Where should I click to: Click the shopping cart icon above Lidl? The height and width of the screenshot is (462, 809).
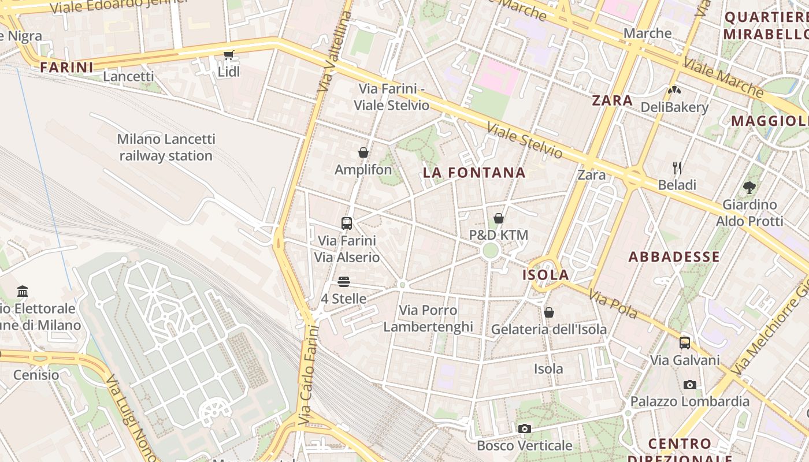[228, 55]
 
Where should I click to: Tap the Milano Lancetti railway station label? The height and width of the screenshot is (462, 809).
[166, 147]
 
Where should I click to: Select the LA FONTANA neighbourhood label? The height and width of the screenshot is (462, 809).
[474, 173]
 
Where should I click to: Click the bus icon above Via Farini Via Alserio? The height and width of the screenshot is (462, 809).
[347, 223]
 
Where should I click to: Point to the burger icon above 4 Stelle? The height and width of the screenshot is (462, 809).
[344, 282]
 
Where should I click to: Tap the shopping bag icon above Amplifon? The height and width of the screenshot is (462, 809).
[363, 152]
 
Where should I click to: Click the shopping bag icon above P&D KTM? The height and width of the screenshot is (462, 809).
[498, 218]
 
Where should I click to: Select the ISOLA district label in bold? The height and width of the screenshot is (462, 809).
[545, 275]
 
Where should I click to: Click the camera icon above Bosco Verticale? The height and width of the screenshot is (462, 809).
[524, 429]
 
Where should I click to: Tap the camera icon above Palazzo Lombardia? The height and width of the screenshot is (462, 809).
[689, 385]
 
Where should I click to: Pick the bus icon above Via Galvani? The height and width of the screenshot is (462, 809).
[685, 343]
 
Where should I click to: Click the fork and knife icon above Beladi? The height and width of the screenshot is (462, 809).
[677, 168]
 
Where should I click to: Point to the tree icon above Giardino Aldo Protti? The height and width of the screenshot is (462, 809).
[749, 188]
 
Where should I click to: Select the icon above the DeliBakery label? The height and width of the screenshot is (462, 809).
[674, 90]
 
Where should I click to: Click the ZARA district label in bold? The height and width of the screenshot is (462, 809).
[613, 100]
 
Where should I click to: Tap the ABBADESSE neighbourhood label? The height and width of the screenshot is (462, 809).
[674, 257]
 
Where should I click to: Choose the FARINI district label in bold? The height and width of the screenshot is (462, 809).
[66, 68]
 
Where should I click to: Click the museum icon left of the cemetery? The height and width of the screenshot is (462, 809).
[23, 291]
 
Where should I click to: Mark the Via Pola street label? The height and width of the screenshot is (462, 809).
[613, 304]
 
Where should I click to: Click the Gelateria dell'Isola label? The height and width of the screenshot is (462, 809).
[548, 329]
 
